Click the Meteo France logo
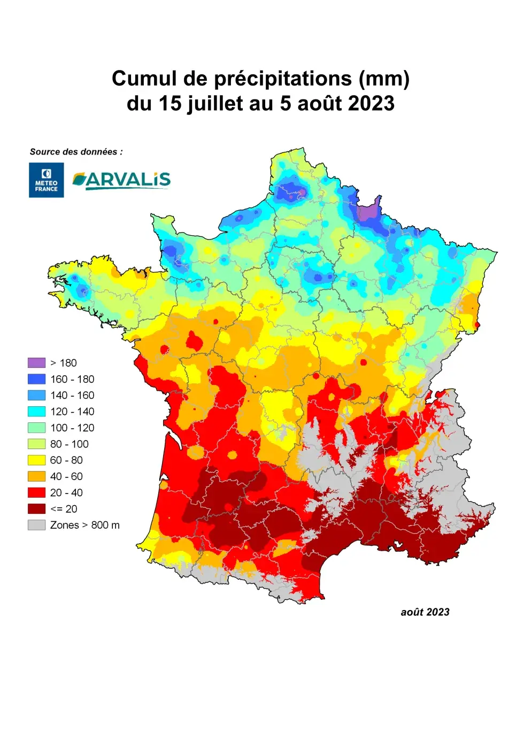(46, 180)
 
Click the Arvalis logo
(121, 180)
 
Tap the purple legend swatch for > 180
(36, 363)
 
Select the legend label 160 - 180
(72, 379)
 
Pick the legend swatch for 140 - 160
(36, 395)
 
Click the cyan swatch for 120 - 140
(36, 412)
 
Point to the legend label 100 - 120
(72, 428)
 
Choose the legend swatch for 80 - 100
(36, 444)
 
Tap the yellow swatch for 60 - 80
(36, 460)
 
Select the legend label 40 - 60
(66, 476)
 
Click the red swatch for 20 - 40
(36, 492)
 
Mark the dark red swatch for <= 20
(36, 509)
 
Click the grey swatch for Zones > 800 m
(36, 525)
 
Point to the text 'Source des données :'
(76, 152)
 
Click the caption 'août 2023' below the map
(425, 612)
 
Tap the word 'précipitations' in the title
(283, 79)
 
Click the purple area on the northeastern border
(368, 212)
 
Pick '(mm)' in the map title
(384, 79)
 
